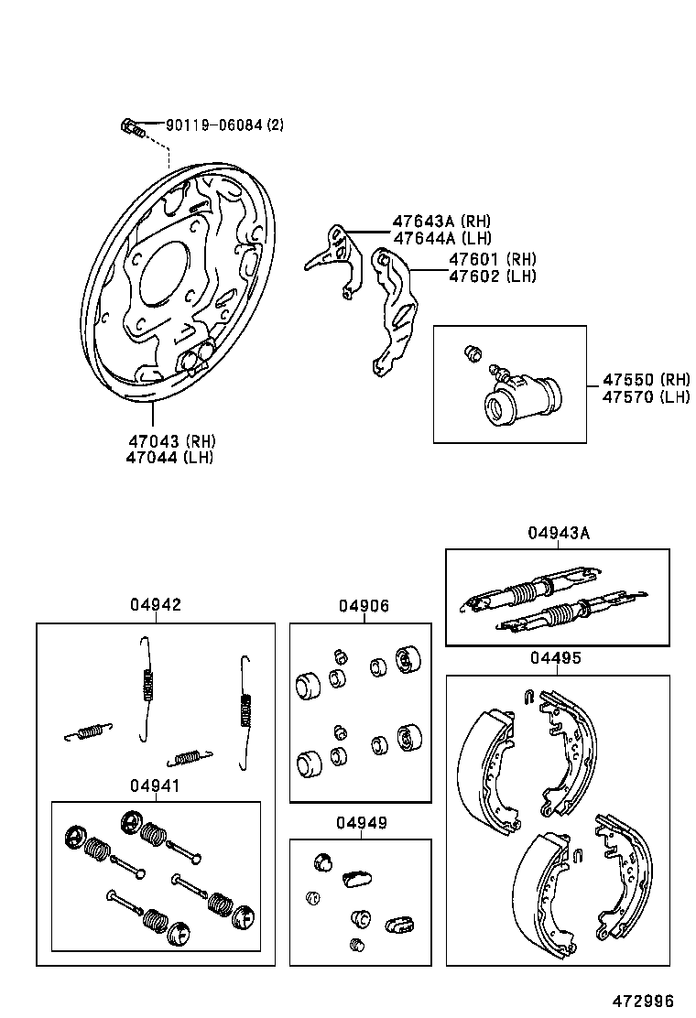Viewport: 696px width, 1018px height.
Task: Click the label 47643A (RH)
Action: click(x=441, y=222)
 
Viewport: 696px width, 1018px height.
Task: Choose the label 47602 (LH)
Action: click(x=493, y=276)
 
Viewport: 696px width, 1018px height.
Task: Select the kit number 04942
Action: click(x=155, y=605)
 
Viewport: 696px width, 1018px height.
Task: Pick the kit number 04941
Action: click(x=155, y=786)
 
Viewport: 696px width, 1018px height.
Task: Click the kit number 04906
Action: click(x=363, y=606)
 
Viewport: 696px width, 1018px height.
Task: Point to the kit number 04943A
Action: click(x=558, y=533)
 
